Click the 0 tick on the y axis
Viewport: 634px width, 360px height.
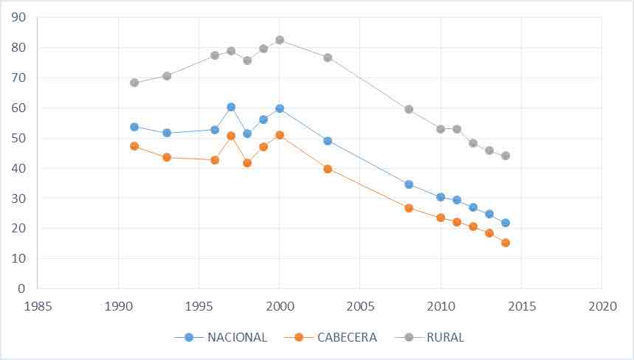(x=23, y=288)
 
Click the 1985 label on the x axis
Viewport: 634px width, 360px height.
(x=38, y=305)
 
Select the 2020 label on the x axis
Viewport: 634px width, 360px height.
(x=602, y=305)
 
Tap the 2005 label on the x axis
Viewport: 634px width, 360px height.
(x=359, y=305)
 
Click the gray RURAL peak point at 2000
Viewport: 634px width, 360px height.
(x=280, y=40)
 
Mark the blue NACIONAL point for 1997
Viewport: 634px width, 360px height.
(x=231, y=107)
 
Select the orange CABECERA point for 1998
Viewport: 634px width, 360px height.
(x=247, y=163)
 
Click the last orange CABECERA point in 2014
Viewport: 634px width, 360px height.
(x=506, y=243)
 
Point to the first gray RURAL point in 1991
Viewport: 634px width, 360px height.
(x=134, y=83)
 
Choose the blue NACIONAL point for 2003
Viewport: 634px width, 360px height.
(x=328, y=141)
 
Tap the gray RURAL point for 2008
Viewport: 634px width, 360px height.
(x=409, y=109)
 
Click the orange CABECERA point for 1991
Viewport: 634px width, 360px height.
(x=134, y=146)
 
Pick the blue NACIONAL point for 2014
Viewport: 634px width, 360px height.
(x=506, y=223)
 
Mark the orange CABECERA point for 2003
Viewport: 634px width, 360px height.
(x=328, y=169)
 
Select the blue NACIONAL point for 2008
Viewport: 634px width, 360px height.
(x=409, y=184)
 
